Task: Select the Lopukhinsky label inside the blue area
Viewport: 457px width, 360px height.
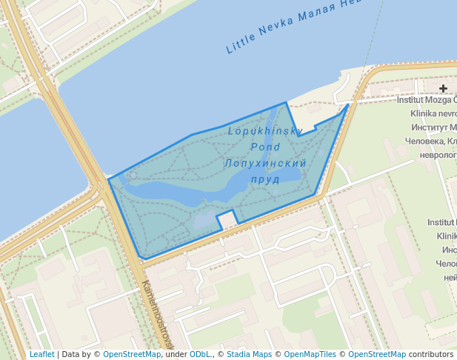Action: tap(265, 132)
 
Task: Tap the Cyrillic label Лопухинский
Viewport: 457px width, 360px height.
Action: tap(265, 163)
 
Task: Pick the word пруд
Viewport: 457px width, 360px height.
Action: tap(265, 179)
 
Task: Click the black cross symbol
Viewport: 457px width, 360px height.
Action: tap(443, 89)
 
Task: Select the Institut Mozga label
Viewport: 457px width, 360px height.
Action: tap(427, 100)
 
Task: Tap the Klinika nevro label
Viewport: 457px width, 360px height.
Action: tap(433, 114)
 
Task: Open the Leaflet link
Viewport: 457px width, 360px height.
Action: tap(41, 355)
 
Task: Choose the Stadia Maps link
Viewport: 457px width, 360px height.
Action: tap(249, 355)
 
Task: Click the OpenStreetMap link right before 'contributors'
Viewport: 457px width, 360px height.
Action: tap(377, 355)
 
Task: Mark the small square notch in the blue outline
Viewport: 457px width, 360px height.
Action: tap(227, 219)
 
